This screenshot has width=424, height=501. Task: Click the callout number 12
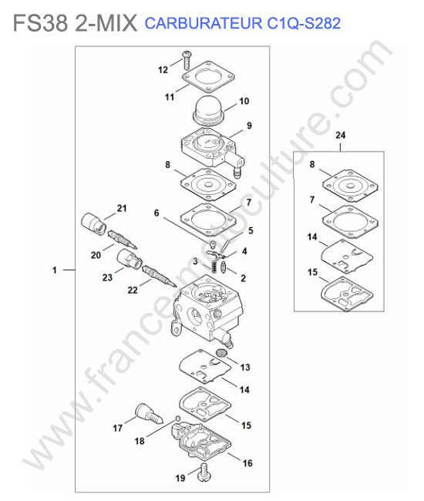pos(163,69)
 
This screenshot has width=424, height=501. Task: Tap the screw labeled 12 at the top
pos(187,60)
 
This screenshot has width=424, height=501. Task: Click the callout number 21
pos(122,208)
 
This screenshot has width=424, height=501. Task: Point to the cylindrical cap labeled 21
pos(93,223)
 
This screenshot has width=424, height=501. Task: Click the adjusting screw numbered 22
pos(159,276)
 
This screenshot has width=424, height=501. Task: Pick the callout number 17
pos(118,428)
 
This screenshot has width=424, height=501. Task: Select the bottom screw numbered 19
pos(204,472)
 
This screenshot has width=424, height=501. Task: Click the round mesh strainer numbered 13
pos(220,353)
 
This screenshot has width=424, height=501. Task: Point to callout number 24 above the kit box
pos(340,135)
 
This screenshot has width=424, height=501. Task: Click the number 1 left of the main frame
pos(55,271)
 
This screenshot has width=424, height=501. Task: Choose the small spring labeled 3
pos(214,266)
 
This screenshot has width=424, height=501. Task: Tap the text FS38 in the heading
pos(41,23)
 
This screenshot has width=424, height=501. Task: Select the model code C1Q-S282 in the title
pos(304,24)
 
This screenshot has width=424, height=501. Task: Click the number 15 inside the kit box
pos(312,272)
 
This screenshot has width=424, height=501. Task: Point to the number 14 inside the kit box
pos(312,237)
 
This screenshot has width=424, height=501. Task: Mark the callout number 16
pos(247,463)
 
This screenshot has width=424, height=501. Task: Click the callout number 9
pos(250,126)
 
